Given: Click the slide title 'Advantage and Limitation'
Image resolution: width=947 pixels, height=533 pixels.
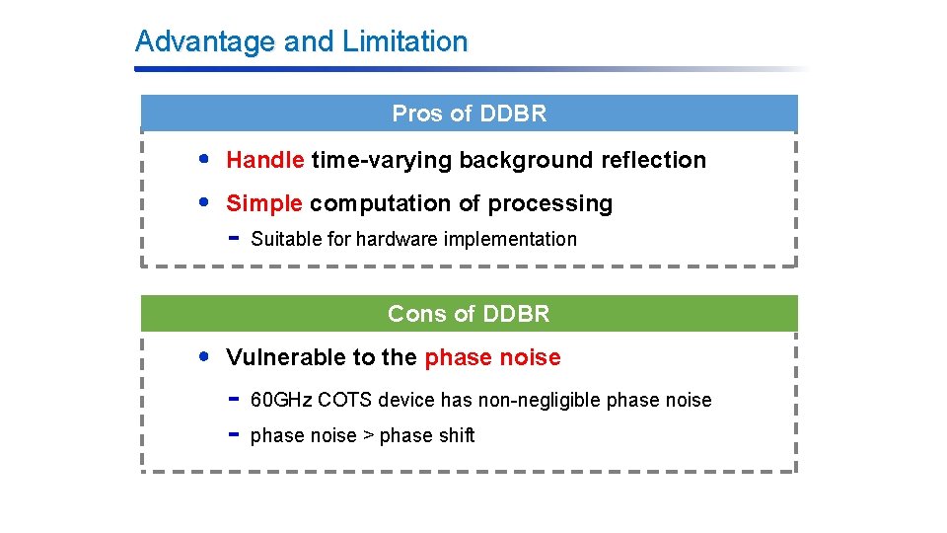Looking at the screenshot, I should pyautogui.click(x=301, y=41).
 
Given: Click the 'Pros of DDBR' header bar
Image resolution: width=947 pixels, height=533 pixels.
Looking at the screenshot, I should pyautogui.click(x=469, y=114).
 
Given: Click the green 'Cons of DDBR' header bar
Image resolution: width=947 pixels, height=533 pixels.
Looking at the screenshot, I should pyautogui.click(x=469, y=314).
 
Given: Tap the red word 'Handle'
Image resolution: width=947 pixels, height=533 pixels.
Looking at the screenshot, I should pyautogui.click(x=265, y=160).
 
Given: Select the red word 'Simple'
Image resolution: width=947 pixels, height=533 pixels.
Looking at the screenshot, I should pyautogui.click(x=264, y=203).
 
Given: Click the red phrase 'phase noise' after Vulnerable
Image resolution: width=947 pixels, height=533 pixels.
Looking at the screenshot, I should pyautogui.click(x=492, y=357).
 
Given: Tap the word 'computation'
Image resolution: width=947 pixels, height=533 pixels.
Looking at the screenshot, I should pyautogui.click(x=382, y=203).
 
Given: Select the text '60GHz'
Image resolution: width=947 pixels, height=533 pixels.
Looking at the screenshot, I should pyautogui.click(x=281, y=400).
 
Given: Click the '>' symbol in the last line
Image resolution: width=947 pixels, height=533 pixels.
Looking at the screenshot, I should pyautogui.click(x=368, y=435).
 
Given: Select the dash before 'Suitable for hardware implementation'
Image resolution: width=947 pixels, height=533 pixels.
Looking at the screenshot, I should pyautogui.click(x=234, y=238).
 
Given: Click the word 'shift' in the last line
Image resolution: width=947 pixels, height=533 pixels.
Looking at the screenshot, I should pyautogui.click(x=457, y=435).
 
